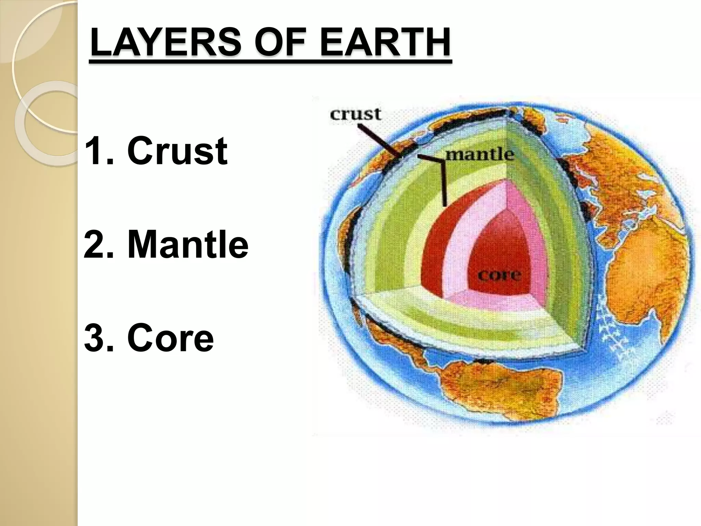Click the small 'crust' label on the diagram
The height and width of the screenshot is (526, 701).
[355, 114]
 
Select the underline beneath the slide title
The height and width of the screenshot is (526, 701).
[270, 61]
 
